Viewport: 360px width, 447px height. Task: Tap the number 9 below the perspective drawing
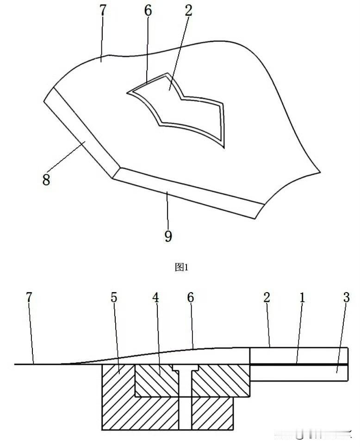[x=168, y=236]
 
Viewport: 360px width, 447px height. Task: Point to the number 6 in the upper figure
[x=148, y=11]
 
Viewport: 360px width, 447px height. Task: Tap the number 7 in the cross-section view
[x=30, y=297]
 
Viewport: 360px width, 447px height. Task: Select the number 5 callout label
[x=114, y=297]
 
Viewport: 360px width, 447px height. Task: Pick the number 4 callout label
[x=156, y=297]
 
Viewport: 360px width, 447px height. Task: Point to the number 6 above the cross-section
[x=190, y=297]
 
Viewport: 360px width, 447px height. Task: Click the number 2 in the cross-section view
[x=267, y=297]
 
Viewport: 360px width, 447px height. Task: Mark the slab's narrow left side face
[x=79, y=134]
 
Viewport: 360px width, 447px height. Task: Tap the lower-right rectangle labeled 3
[x=298, y=373]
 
